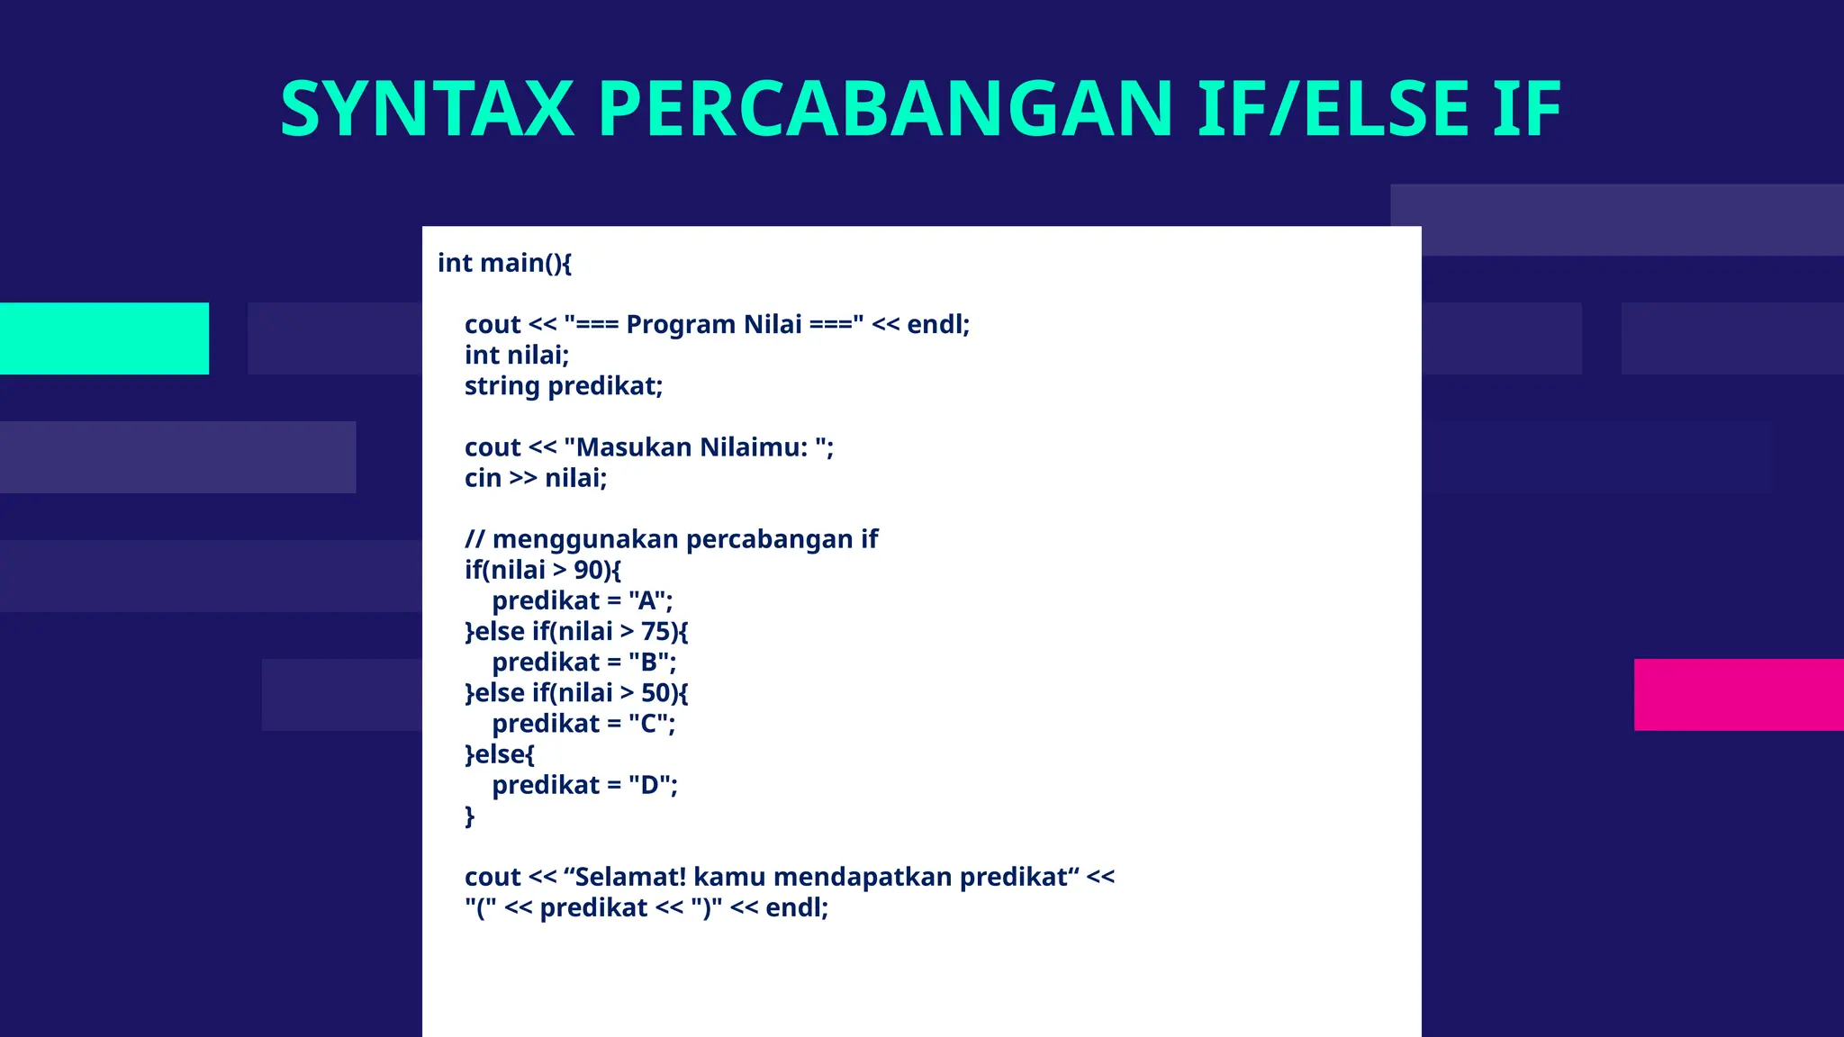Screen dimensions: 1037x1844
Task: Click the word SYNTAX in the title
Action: tap(427, 109)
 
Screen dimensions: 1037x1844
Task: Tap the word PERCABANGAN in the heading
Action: tap(885, 109)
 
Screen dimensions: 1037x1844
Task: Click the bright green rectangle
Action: tap(104, 338)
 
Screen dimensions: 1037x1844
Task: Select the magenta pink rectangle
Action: tap(1738, 694)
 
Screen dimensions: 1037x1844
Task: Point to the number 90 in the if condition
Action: tap(588, 570)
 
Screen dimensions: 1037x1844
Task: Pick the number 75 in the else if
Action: tap(655, 631)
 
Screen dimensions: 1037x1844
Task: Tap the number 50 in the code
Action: tap(655, 693)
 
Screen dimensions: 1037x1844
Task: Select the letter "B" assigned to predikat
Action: tap(648, 663)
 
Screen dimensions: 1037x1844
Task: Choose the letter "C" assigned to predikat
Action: tap(648, 724)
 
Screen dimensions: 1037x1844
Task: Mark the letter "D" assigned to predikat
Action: tap(649, 785)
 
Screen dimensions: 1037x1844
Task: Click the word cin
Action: tap(483, 478)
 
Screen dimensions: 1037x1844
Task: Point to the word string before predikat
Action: tap(502, 386)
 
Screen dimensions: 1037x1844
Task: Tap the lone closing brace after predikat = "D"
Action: tap(469, 816)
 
